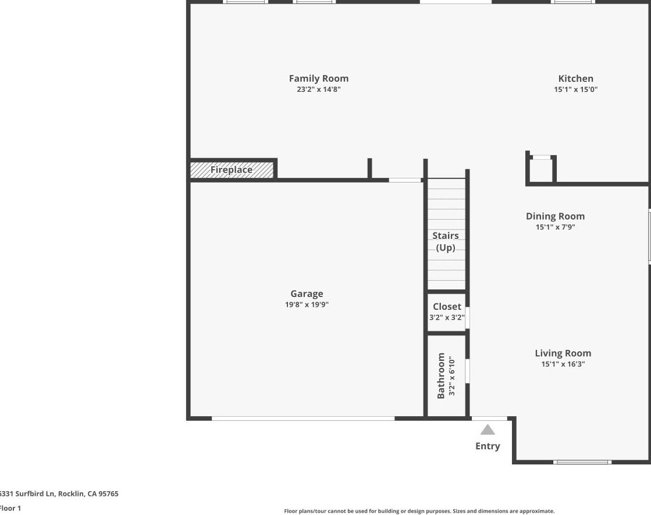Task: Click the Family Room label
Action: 318,78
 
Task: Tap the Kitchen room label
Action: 575,78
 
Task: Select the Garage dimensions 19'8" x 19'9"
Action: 307,305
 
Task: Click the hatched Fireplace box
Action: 232,170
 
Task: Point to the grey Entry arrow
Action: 488,430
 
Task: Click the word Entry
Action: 488,446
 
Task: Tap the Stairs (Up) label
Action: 446,241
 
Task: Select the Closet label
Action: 447,306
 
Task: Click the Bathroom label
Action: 441,375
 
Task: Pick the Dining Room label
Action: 555,216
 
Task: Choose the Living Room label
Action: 563,353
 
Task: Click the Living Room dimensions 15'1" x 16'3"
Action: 563,364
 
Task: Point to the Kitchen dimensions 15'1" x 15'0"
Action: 575,90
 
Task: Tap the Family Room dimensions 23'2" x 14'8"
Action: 318,90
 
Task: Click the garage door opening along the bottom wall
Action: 303,418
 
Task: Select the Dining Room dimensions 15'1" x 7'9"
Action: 555,227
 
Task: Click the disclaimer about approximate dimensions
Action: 419,511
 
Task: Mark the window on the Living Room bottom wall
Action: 582,462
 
